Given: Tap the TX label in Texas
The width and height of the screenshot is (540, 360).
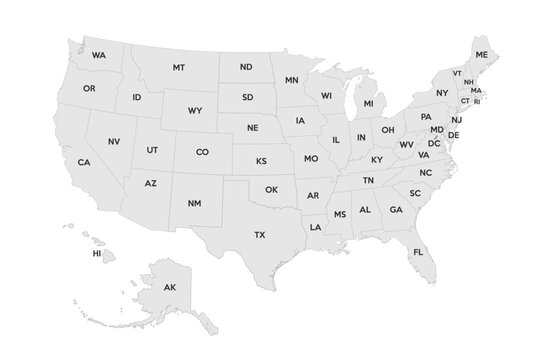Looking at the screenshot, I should pos(260,235).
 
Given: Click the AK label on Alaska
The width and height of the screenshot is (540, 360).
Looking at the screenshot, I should pos(169,288).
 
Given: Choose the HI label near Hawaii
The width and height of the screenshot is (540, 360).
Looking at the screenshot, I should pos(97,254).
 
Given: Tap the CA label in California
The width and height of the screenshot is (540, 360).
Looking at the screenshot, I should pos(84,162).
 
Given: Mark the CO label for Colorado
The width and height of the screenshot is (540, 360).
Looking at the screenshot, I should pos(202,152).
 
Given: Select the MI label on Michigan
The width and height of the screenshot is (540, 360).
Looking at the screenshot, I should pos(368,103).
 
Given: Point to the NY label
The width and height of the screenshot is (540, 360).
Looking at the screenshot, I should pos(442,93).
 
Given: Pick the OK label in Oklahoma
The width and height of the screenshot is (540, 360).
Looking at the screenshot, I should pos(271,189).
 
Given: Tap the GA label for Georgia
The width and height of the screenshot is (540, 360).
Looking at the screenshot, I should pos(396,210).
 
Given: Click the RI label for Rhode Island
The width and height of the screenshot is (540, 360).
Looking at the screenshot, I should pos(477,101).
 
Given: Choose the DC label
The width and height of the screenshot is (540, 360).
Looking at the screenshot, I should pos(434,143).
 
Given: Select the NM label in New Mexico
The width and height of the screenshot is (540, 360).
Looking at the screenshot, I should pos(194,204).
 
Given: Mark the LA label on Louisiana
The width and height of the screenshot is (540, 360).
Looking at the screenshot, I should pos(316,227).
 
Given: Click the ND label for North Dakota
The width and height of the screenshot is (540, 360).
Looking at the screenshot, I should pos(246,67).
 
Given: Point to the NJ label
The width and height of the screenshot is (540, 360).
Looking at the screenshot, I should pos(456,119).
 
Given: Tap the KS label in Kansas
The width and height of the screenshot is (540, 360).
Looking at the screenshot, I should pos(261,160).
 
